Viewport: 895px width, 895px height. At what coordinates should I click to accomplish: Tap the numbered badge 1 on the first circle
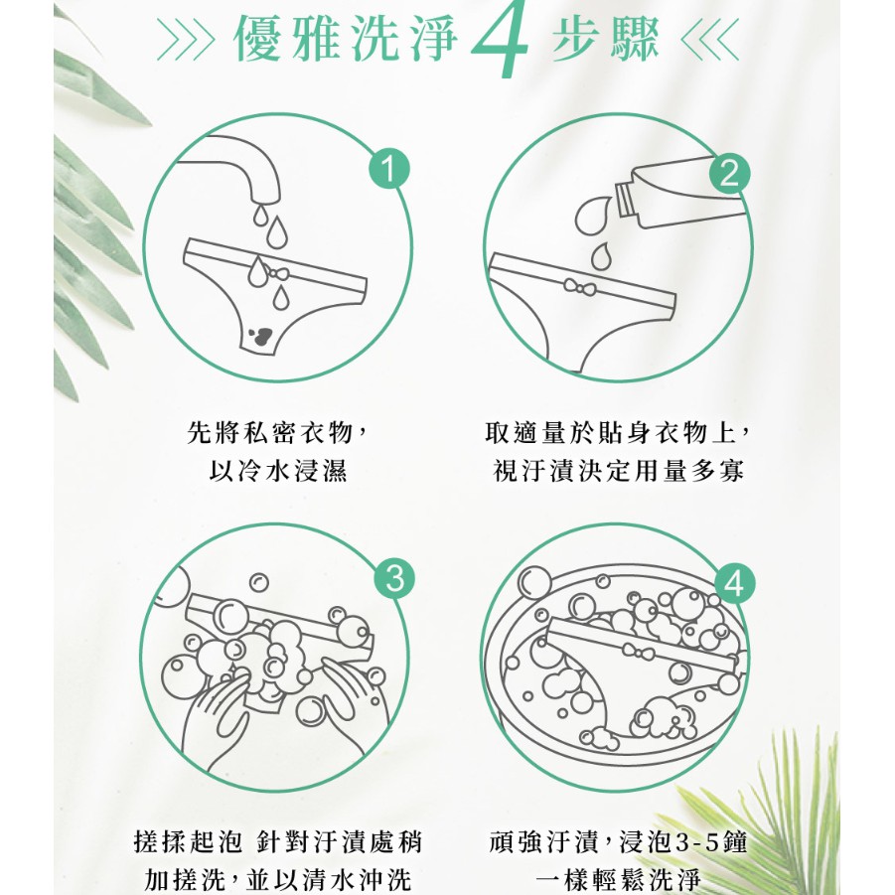(x=388, y=169)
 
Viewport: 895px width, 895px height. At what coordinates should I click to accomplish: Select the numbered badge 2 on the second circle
(x=729, y=173)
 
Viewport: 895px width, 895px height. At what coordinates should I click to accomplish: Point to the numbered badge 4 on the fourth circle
(x=734, y=583)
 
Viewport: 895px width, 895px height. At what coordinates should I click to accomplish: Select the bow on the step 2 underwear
(x=579, y=287)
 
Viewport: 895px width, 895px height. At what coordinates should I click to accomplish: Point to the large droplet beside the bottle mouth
(x=592, y=216)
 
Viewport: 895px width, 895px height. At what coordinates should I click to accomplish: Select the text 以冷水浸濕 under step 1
(x=278, y=471)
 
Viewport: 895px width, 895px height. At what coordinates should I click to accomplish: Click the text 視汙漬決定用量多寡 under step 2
(x=619, y=471)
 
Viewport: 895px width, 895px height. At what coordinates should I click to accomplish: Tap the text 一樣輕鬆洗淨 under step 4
(x=619, y=879)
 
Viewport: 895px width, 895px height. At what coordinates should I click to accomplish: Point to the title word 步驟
(x=606, y=38)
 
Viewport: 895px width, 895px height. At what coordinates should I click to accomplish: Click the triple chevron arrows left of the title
(x=186, y=39)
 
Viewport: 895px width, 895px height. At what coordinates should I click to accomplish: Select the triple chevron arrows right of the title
(x=710, y=39)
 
